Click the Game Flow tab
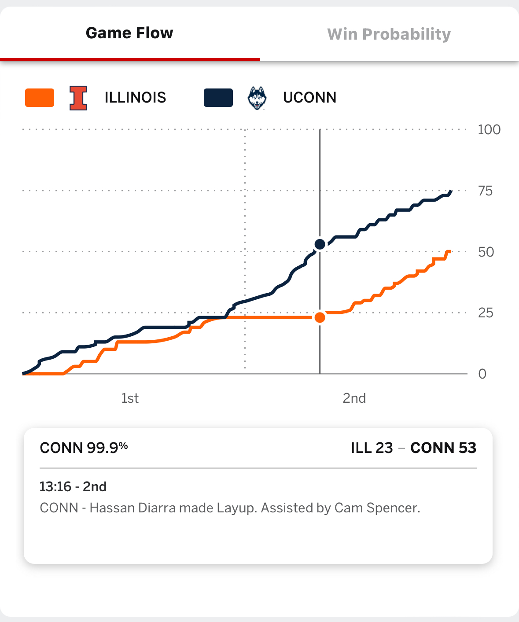pyautogui.click(x=129, y=33)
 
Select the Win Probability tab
pyautogui.click(x=389, y=34)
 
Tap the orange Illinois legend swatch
pyautogui.click(x=40, y=98)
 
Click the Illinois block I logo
pyautogui.click(x=78, y=98)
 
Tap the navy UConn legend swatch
pyautogui.click(x=218, y=98)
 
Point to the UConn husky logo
pyautogui.click(x=257, y=98)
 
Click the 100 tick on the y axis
pyautogui.click(x=489, y=130)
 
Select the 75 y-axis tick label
pyautogui.click(x=485, y=191)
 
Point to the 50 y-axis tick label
pyautogui.click(x=486, y=252)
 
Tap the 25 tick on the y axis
pyautogui.click(x=486, y=313)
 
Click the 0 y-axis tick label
pyautogui.click(x=482, y=374)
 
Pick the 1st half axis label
pyautogui.click(x=130, y=398)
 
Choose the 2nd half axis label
pyautogui.click(x=354, y=398)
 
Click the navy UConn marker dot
pyautogui.click(x=320, y=244)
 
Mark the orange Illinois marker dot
pyautogui.click(x=320, y=317)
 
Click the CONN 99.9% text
pyautogui.click(x=84, y=448)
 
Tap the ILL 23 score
pyautogui.click(x=372, y=448)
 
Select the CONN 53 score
pyautogui.click(x=443, y=448)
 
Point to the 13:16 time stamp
pyautogui.click(x=55, y=486)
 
